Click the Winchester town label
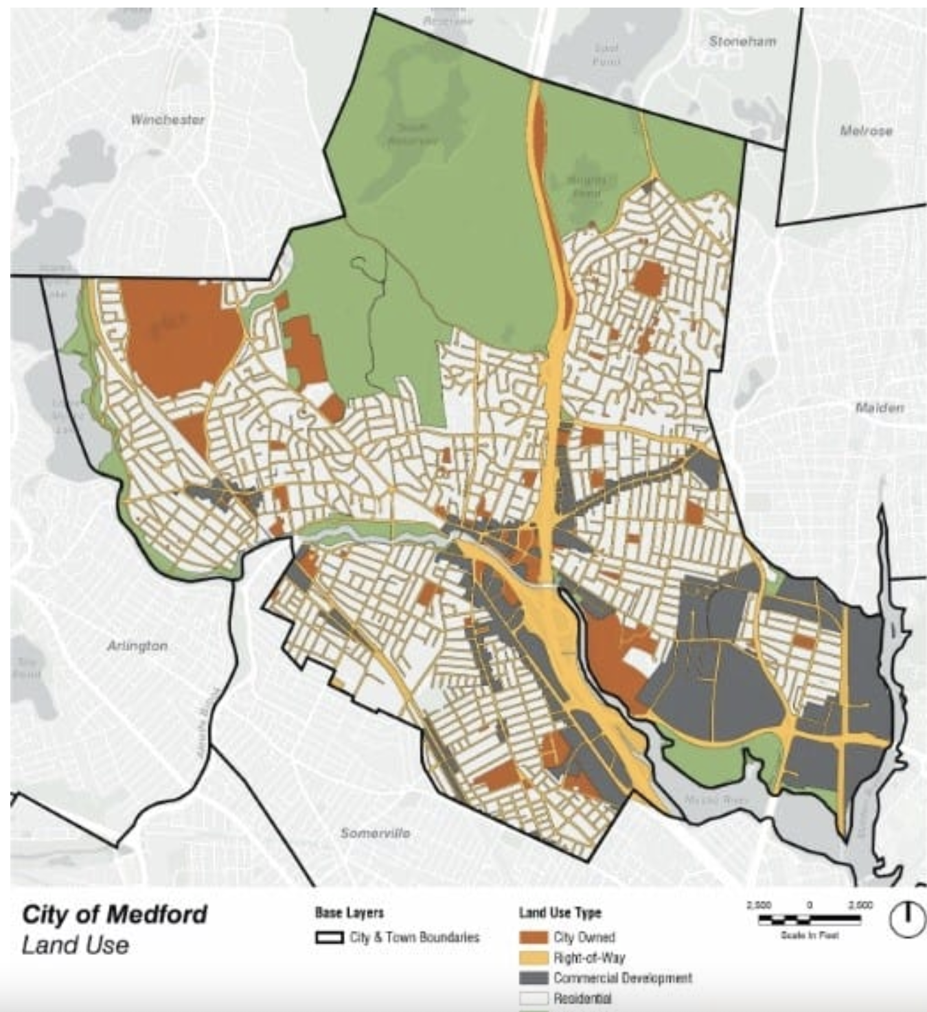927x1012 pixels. [x=168, y=119]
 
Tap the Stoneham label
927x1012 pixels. [x=742, y=42]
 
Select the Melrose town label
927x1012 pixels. [x=866, y=130]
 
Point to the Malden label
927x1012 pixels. [x=879, y=408]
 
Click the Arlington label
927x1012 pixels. [x=137, y=646]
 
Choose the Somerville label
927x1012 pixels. [x=376, y=833]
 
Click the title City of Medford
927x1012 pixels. [x=114, y=915]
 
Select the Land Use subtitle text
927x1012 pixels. [x=75, y=945]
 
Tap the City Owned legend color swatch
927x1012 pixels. [x=533, y=938]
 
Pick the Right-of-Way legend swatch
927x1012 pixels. [x=533, y=958]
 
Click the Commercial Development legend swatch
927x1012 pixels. [x=533, y=978]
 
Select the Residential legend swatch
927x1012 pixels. [x=533, y=998]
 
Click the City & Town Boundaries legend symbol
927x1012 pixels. [x=329, y=938]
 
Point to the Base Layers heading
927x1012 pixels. [x=349, y=913]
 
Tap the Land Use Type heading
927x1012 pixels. [x=560, y=913]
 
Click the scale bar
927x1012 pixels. [x=810, y=919]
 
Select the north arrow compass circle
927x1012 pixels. [x=907, y=918]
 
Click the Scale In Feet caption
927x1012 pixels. [x=810, y=935]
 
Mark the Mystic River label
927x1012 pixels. [x=708, y=801]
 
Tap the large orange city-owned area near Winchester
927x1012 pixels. [x=180, y=336]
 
